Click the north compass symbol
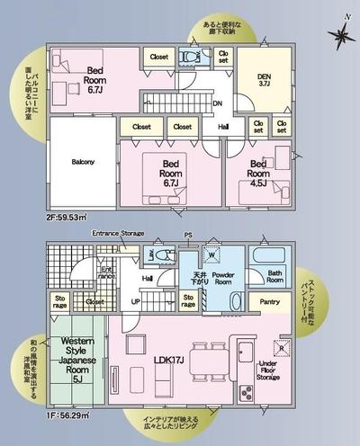tap(340, 36)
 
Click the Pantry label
tap(267, 303)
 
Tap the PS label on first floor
tap(187, 236)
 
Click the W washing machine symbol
tap(212, 254)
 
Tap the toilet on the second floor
tap(190, 56)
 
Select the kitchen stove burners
tap(243, 392)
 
